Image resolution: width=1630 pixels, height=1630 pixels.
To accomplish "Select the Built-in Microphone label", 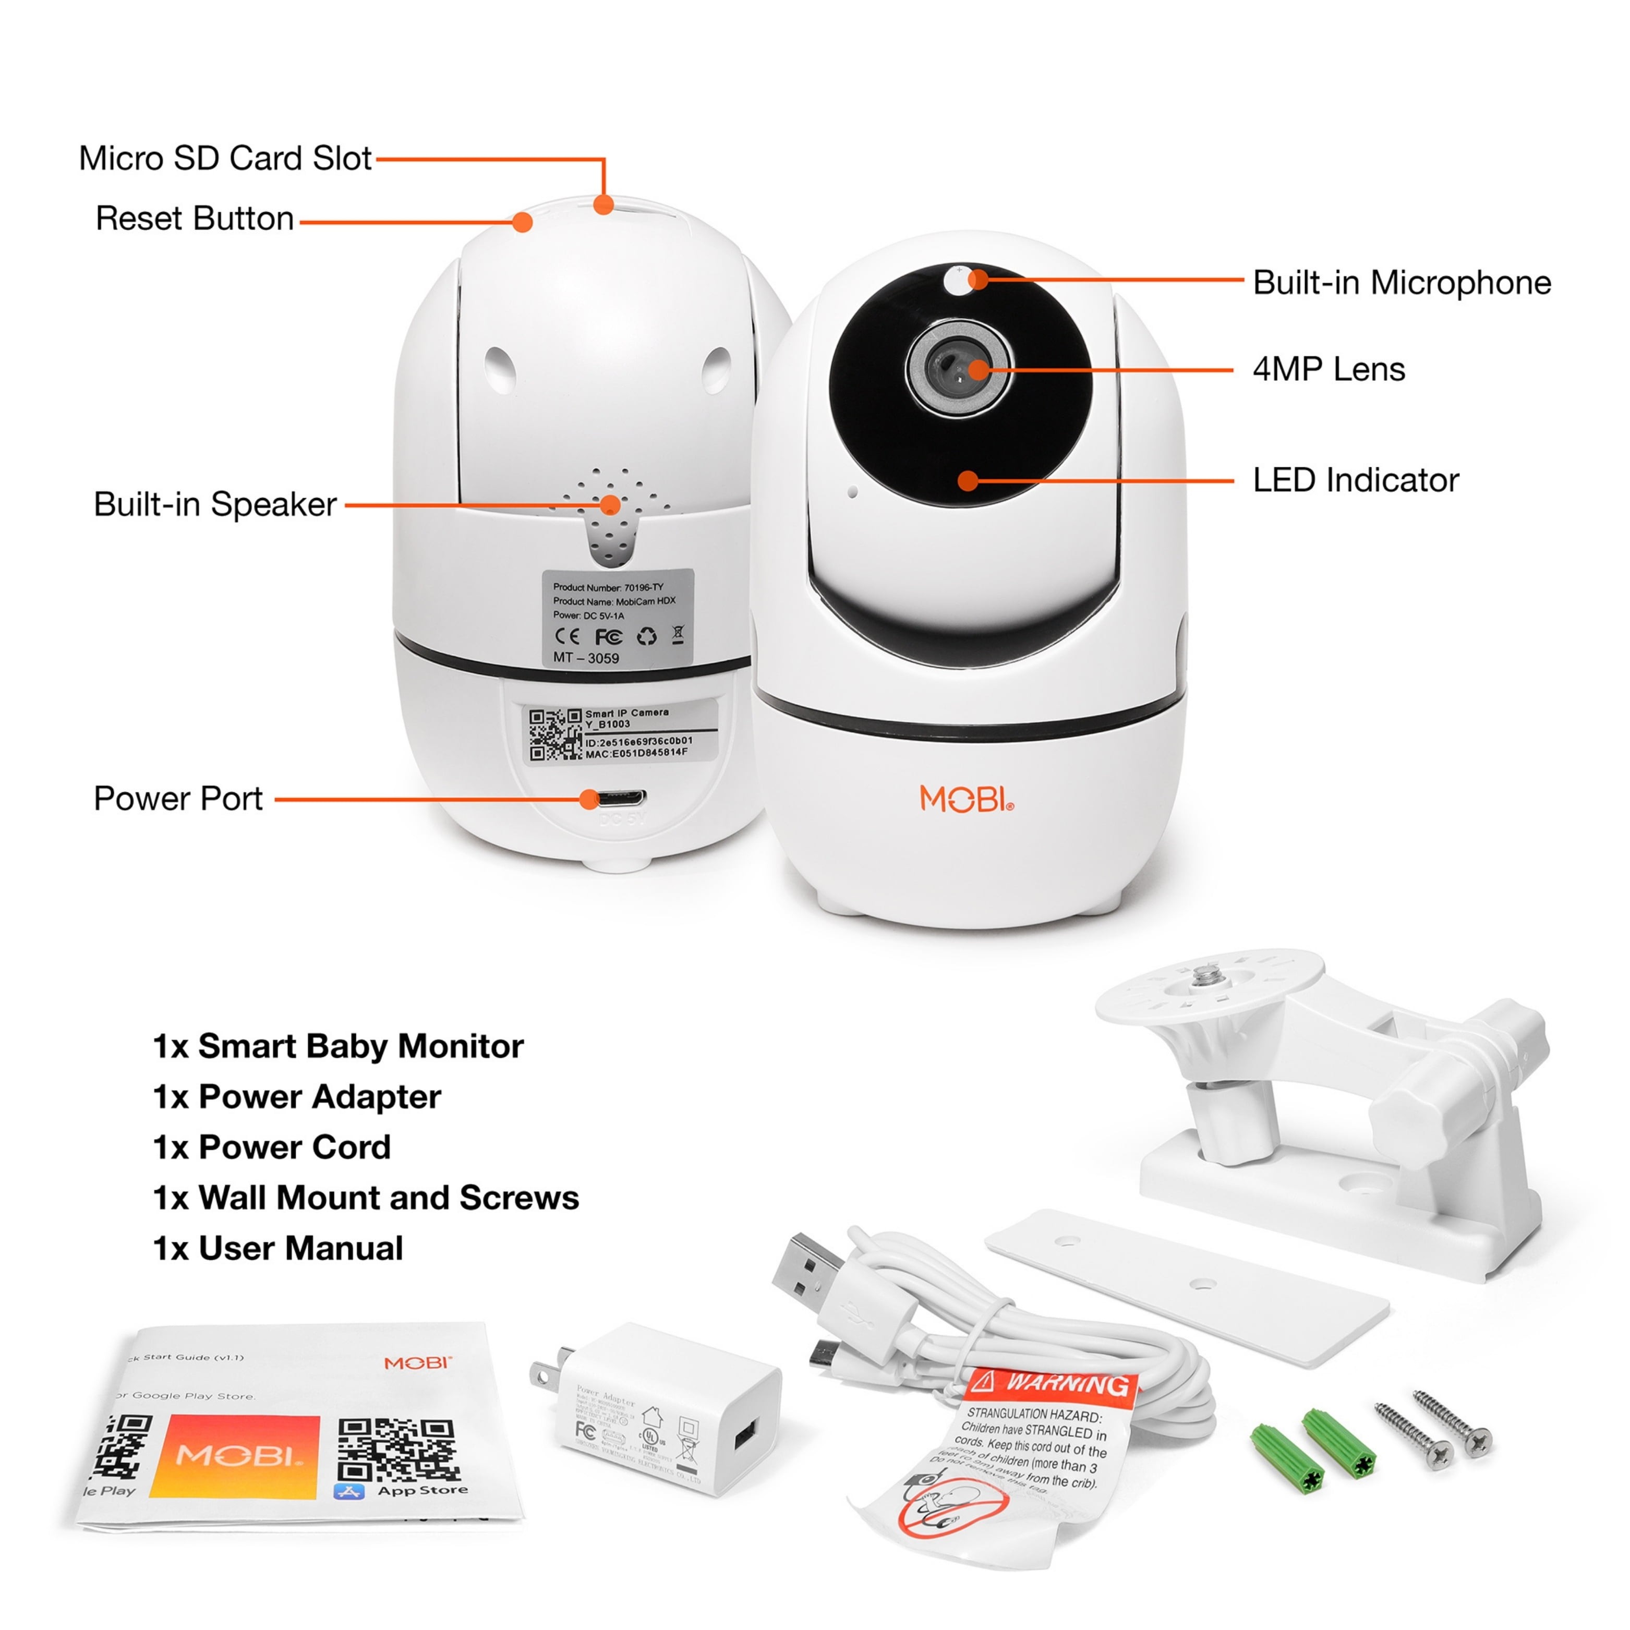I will click(1402, 283).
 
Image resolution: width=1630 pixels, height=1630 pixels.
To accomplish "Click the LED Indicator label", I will click(1355, 480).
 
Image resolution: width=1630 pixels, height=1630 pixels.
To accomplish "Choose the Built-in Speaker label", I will click(215, 504).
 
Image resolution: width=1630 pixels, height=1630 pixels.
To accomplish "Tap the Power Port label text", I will click(178, 798).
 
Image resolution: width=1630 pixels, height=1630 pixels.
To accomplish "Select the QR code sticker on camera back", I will click(555, 734).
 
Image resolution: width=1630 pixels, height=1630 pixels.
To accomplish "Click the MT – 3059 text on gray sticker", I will click(586, 657).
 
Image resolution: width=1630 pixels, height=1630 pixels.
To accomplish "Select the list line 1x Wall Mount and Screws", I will click(365, 1198).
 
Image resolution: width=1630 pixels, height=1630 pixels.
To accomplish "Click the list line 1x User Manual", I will click(277, 1249).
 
